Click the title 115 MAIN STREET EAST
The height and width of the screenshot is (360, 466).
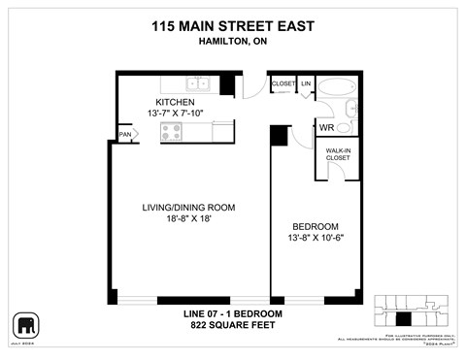tap(233, 27)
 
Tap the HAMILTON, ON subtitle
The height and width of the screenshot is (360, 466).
tap(233, 44)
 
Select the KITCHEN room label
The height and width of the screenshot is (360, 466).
tap(175, 102)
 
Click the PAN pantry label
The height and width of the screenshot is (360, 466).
tap(125, 135)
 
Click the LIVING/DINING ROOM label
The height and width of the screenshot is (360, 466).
tap(188, 208)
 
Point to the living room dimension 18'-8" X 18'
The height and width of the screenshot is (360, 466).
tap(188, 220)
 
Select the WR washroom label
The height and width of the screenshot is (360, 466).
tap(327, 126)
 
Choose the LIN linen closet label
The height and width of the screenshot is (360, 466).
tap(306, 83)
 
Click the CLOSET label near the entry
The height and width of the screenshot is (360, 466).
tap(283, 83)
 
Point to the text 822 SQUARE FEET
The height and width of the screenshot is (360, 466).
tap(233, 326)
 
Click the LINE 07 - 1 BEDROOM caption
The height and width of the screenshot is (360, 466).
tap(233, 314)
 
